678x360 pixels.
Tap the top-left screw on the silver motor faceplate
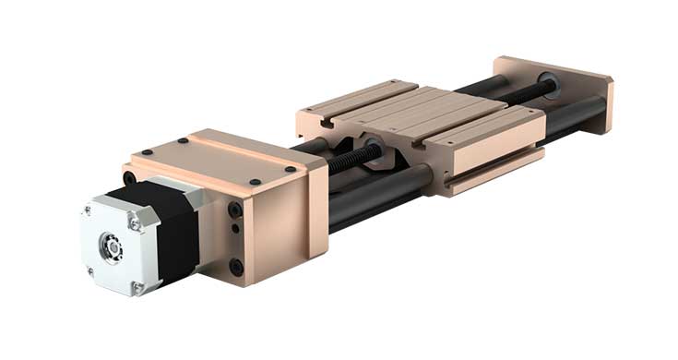(x=89, y=211)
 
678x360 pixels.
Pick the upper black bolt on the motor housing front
(x=235, y=210)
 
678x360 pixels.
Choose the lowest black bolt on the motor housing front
(x=237, y=266)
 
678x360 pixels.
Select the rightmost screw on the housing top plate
(x=291, y=169)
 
